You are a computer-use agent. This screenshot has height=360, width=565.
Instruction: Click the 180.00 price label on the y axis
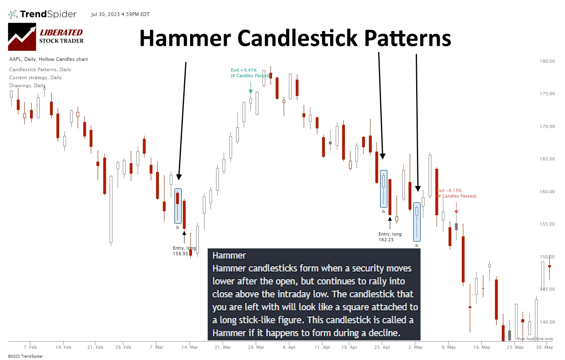pos(547,62)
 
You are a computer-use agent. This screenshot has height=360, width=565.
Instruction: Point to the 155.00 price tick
pos(547,224)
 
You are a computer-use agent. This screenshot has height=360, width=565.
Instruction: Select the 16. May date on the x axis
pos(482,347)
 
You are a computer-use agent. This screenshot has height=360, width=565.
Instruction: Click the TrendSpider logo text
pos(48,14)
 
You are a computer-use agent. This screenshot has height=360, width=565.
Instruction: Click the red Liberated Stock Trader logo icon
pos(22,37)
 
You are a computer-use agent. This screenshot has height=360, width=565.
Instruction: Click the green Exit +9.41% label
pos(244,70)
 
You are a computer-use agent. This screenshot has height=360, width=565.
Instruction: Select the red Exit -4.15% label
pos(449,191)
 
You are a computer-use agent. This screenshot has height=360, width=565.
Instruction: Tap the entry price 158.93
pos(180,254)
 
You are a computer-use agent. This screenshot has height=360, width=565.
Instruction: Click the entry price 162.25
pos(386,240)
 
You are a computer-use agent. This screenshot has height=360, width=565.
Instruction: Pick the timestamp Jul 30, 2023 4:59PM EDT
pos(120,14)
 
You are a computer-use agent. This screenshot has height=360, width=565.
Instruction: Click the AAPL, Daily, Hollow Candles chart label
pos(48,59)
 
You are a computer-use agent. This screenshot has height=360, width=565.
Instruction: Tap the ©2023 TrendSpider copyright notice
pos(25,356)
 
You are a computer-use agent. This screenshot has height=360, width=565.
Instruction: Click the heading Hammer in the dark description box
pos(229,256)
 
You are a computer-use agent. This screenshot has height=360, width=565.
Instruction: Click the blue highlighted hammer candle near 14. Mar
pos(178,206)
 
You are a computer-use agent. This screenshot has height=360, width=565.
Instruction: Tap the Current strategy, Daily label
pos(36,78)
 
